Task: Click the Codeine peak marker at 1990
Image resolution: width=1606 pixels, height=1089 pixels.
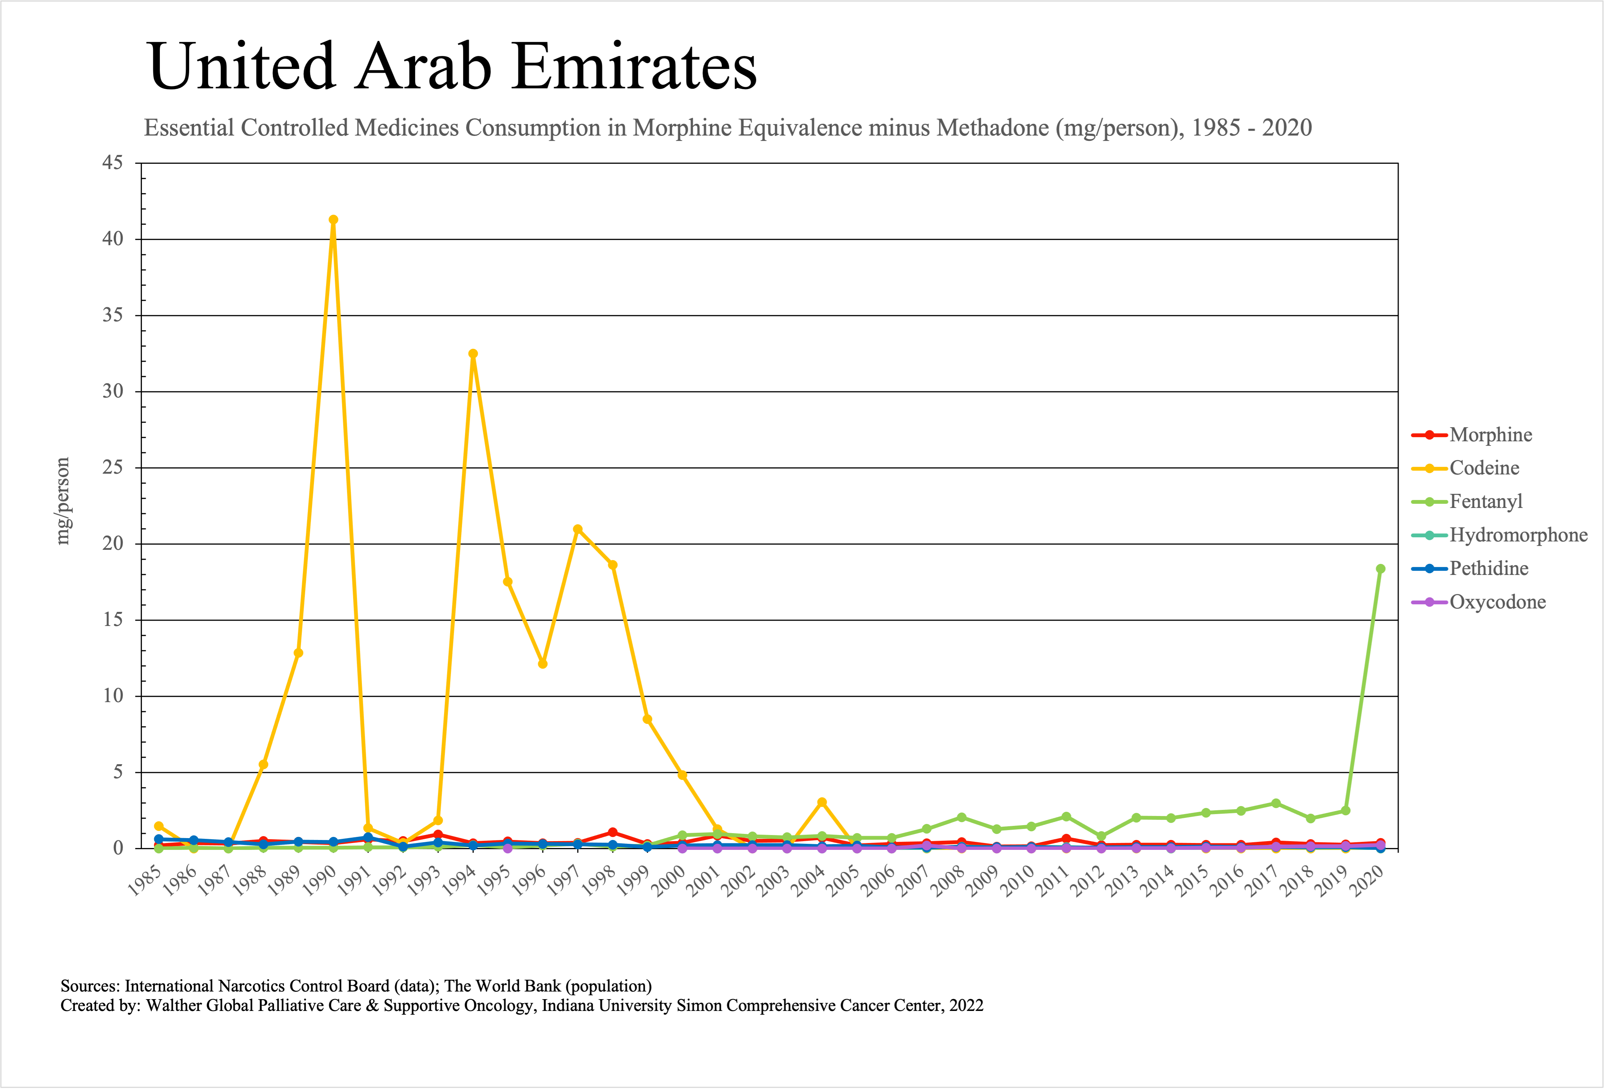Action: pyautogui.click(x=333, y=220)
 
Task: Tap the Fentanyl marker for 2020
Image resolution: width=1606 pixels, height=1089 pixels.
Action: pyautogui.click(x=1380, y=569)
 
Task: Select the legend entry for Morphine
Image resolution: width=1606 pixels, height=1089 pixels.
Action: pyautogui.click(x=1490, y=435)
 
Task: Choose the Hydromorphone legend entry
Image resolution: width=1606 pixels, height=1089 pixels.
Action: pyautogui.click(x=1518, y=535)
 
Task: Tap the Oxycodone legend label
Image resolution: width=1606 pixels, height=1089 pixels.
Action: pyautogui.click(x=1497, y=602)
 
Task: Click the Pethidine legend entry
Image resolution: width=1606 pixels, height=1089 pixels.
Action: pyautogui.click(x=1488, y=568)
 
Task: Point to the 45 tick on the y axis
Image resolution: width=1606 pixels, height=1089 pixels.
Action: pyautogui.click(x=113, y=163)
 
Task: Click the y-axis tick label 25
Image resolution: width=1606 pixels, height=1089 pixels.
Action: pyautogui.click(x=113, y=468)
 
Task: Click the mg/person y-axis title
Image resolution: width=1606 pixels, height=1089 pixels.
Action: pyautogui.click(x=63, y=501)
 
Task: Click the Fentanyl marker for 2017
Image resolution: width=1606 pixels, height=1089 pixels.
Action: pyautogui.click(x=1276, y=803)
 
